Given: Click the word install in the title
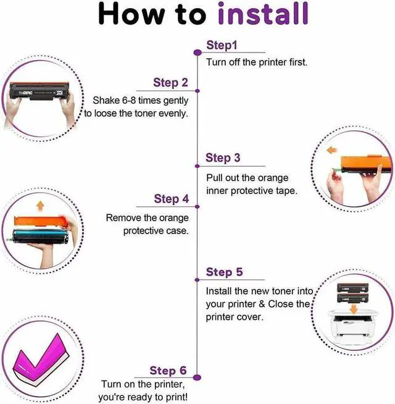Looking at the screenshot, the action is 263,14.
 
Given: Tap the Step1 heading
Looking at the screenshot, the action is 222,45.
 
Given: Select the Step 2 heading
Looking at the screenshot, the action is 171,82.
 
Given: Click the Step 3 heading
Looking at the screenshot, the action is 223,158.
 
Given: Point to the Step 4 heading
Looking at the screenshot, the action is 172,199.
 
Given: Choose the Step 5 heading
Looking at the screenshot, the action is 224,272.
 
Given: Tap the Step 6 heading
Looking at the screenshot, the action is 168,371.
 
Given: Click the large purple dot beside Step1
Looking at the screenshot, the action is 197,53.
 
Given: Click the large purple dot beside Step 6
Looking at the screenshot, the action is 197,377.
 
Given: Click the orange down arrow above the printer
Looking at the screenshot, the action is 354,309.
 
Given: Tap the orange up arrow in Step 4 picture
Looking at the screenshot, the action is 40,206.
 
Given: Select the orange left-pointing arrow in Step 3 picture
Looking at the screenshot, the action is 332,150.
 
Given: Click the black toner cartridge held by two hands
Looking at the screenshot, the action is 39,91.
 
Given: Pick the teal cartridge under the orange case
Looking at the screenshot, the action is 40,236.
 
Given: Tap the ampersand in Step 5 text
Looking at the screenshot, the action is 262,304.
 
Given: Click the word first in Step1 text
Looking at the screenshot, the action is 298,62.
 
